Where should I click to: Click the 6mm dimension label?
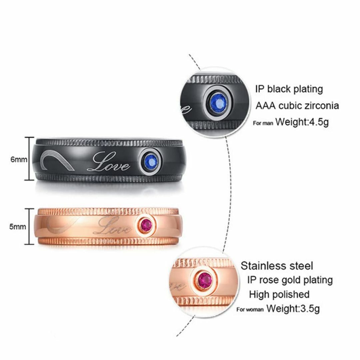point(19,159)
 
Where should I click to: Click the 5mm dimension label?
point(18,227)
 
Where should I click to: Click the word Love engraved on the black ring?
point(108,163)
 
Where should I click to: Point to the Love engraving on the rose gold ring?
point(113,226)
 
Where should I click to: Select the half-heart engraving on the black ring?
point(57,160)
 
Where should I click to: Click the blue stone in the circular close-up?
point(218,103)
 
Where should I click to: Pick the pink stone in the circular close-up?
point(205,281)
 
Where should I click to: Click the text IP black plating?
point(289,89)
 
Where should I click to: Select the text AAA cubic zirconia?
point(297,106)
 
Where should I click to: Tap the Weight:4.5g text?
point(302,122)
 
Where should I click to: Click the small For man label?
point(263,123)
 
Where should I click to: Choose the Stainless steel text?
point(277,266)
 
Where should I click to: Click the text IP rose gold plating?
point(290,280)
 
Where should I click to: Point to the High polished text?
point(279,295)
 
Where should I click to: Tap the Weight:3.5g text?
point(293,308)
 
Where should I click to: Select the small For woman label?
point(250,310)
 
